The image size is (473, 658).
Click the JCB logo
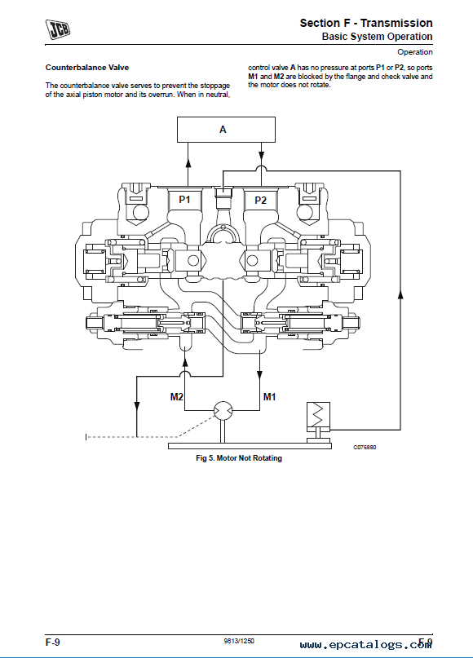[x=58, y=29]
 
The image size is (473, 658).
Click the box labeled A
[x=226, y=130]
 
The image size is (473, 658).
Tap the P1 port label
[x=184, y=200]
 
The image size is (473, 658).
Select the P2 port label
[x=261, y=200]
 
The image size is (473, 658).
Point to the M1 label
[x=269, y=396]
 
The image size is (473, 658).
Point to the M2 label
[x=177, y=396]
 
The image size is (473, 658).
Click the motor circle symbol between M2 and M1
[x=223, y=410]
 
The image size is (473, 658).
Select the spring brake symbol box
[x=319, y=415]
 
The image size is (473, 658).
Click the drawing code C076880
[x=365, y=448]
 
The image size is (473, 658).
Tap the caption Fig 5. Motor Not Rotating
[x=239, y=458]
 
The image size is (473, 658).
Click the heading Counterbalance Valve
[x=87, y=68]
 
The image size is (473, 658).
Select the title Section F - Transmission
[x=366, y=23]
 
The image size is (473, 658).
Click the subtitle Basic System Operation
[x=377, y=37]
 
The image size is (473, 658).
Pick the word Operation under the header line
[x=414, y=52]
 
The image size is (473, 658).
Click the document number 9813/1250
[x=239, y=641]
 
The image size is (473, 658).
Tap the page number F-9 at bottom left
[x=53, y=642]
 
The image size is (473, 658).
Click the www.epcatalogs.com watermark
[x=365, y=645]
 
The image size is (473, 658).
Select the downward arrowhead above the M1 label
[x=260, y=374]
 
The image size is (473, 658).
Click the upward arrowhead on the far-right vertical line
[x=400, y=294]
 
